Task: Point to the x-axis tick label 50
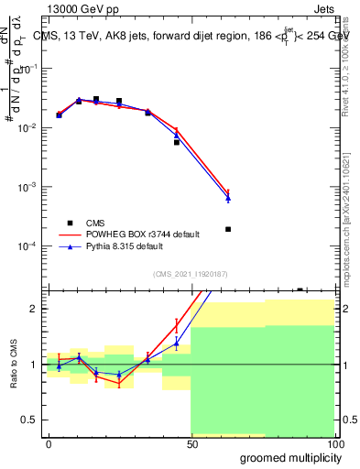[x=191, y=443]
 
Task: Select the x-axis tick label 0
[x=49, y=443]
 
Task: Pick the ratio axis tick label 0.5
[x=33, y=420]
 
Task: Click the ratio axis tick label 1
[x=37, y=365]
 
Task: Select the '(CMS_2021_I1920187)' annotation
[x=191, y=274]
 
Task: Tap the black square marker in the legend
[x=70, y=223]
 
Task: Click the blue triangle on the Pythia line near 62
[x=228, y=199]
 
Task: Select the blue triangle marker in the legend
[x=70, y=246]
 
